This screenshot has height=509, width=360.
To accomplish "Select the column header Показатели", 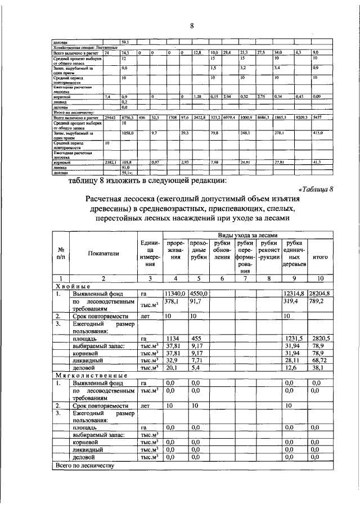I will coord(103,254).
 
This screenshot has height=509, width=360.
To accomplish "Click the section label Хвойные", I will coord(76,286).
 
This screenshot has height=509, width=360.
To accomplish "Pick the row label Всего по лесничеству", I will coord(85,466).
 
